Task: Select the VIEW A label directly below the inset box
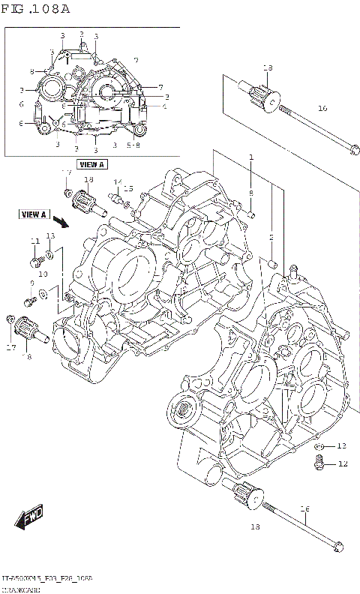pos(92,164)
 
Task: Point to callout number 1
pos(251,157)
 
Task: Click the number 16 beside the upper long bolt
pos(322,109)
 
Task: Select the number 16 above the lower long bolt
pos(304,509)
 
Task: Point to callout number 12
pos(343,463)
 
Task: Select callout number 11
pos(34,240)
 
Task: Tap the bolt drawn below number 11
pos(34,261)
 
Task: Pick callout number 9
pos(31,282)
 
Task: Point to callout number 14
pos(117,182)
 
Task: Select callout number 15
pos(128,188)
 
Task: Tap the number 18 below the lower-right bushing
pos(254,527)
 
